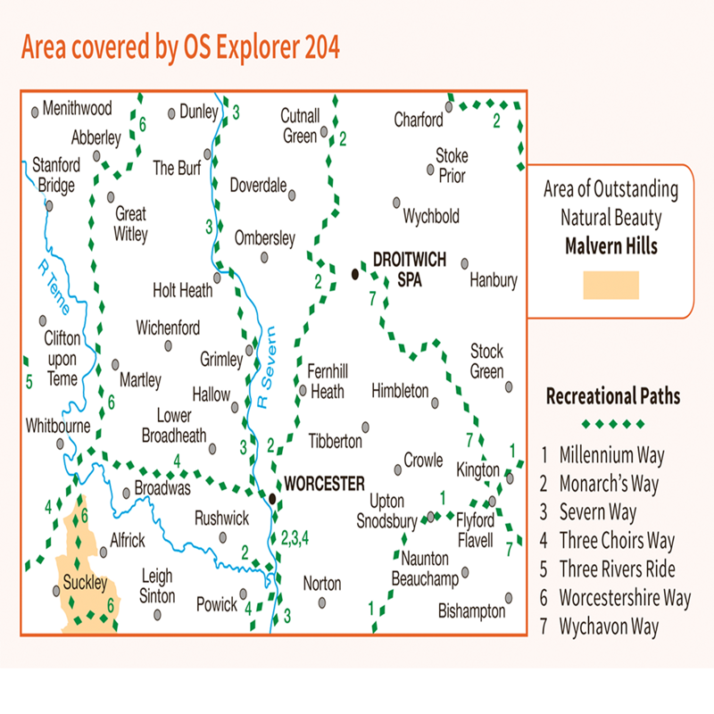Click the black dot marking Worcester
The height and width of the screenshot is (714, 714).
pos(273,497)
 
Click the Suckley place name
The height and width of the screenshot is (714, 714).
pos(85,585)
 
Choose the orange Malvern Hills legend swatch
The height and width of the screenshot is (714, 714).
pos(610,285)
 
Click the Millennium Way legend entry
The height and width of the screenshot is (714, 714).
pos(611,455)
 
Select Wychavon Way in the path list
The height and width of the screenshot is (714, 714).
pos(609,627)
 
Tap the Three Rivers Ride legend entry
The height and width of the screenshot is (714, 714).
pos(617,569)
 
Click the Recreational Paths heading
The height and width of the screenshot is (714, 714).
pos(612,395)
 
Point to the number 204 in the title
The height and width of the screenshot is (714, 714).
pos(317,46)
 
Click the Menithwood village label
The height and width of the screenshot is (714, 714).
pos(77,108)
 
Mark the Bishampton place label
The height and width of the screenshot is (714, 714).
pos(471,611)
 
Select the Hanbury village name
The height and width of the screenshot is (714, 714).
pos(494,280)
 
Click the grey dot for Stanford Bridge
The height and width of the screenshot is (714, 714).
pos(50,204)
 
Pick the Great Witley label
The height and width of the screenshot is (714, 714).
pos(131,224)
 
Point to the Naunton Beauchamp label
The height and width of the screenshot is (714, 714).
pos(424,571)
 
